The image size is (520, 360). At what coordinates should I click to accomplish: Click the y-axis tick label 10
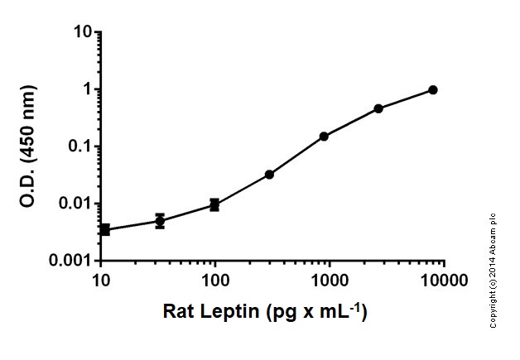pos(79,32)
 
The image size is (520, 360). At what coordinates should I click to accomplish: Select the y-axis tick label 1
pos(84,89)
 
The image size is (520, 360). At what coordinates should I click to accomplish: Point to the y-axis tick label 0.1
pos(77,146)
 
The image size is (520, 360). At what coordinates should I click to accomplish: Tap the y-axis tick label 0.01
pos(73,204)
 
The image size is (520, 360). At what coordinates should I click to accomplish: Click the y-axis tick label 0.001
pos(69,261)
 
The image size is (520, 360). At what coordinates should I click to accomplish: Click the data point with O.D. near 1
pos(433,89)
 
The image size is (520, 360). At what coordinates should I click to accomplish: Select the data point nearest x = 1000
pos(324,136)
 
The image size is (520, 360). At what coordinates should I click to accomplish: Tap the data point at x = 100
pos(214,204)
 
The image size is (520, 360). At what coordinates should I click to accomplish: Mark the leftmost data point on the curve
pos(105,229)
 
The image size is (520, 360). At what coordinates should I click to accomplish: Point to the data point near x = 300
pos(269,175)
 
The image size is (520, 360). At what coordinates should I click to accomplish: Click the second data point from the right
pos(378,108)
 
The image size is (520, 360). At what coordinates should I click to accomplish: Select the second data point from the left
pos(160,221)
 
